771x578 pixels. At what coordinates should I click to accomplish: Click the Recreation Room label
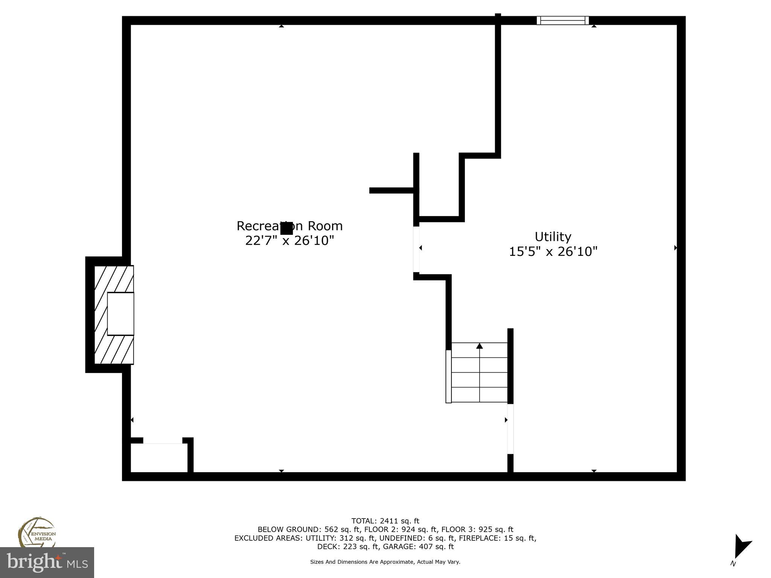pyautogui.click(x=290, y=226)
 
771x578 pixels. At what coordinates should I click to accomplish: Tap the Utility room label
pyautogui.click(x=553, y=237)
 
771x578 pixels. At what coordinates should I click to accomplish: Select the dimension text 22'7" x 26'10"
pyautogui.click(x=290, y=240)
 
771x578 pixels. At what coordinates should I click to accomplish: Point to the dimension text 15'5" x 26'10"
pyautogui.click(x=553, y=251)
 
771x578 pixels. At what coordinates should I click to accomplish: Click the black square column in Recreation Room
pyautogui.click(x=286, y=228)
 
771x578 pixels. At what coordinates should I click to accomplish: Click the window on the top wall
pyautogui.click(x=562, y=20)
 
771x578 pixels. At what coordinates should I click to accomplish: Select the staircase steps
pyautogui.click(x=479, y=373)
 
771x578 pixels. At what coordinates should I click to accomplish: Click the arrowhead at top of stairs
pyautogui.click(x=479, y=346)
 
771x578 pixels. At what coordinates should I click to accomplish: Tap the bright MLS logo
pyautogui.click(x=47, y=562)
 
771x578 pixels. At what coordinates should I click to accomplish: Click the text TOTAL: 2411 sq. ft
pyautogui.click(x=385, y=521)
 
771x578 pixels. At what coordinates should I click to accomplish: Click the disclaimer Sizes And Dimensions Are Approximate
pyautogui.click(x=385, y=562)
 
